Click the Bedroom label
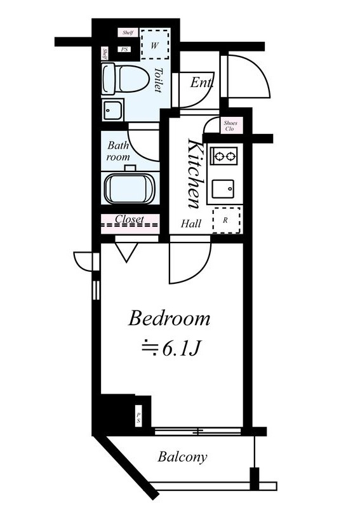click(169, 319)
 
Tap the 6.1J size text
click(171, 349)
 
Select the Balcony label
click(182, 457)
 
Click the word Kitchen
click(196, 173)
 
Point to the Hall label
click(191, 224)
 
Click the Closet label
click(130, 219)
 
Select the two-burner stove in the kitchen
click(224, 156)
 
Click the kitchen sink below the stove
click(223, 189)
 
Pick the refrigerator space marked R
click(227, 220)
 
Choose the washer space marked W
click(155, 44)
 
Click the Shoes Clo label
click(230, 126)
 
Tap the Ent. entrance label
click(201, 83)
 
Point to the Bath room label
click(118, 151)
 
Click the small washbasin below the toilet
click(112, 110)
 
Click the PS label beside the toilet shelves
click(124, 50)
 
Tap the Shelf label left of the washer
click(128, 33)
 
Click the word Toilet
click(158, 80)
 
